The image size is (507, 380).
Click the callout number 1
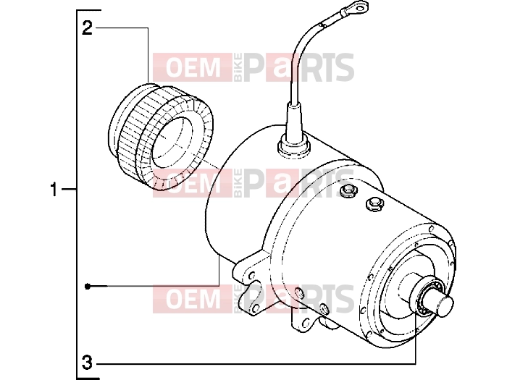click(x=54, y=189)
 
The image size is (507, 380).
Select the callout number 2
click(x=88, y=28)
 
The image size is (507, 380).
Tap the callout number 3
click(x=87, y=362)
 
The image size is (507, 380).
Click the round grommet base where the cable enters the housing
click(x=294, y=147)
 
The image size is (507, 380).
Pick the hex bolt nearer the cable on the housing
click(x=348, y=190)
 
